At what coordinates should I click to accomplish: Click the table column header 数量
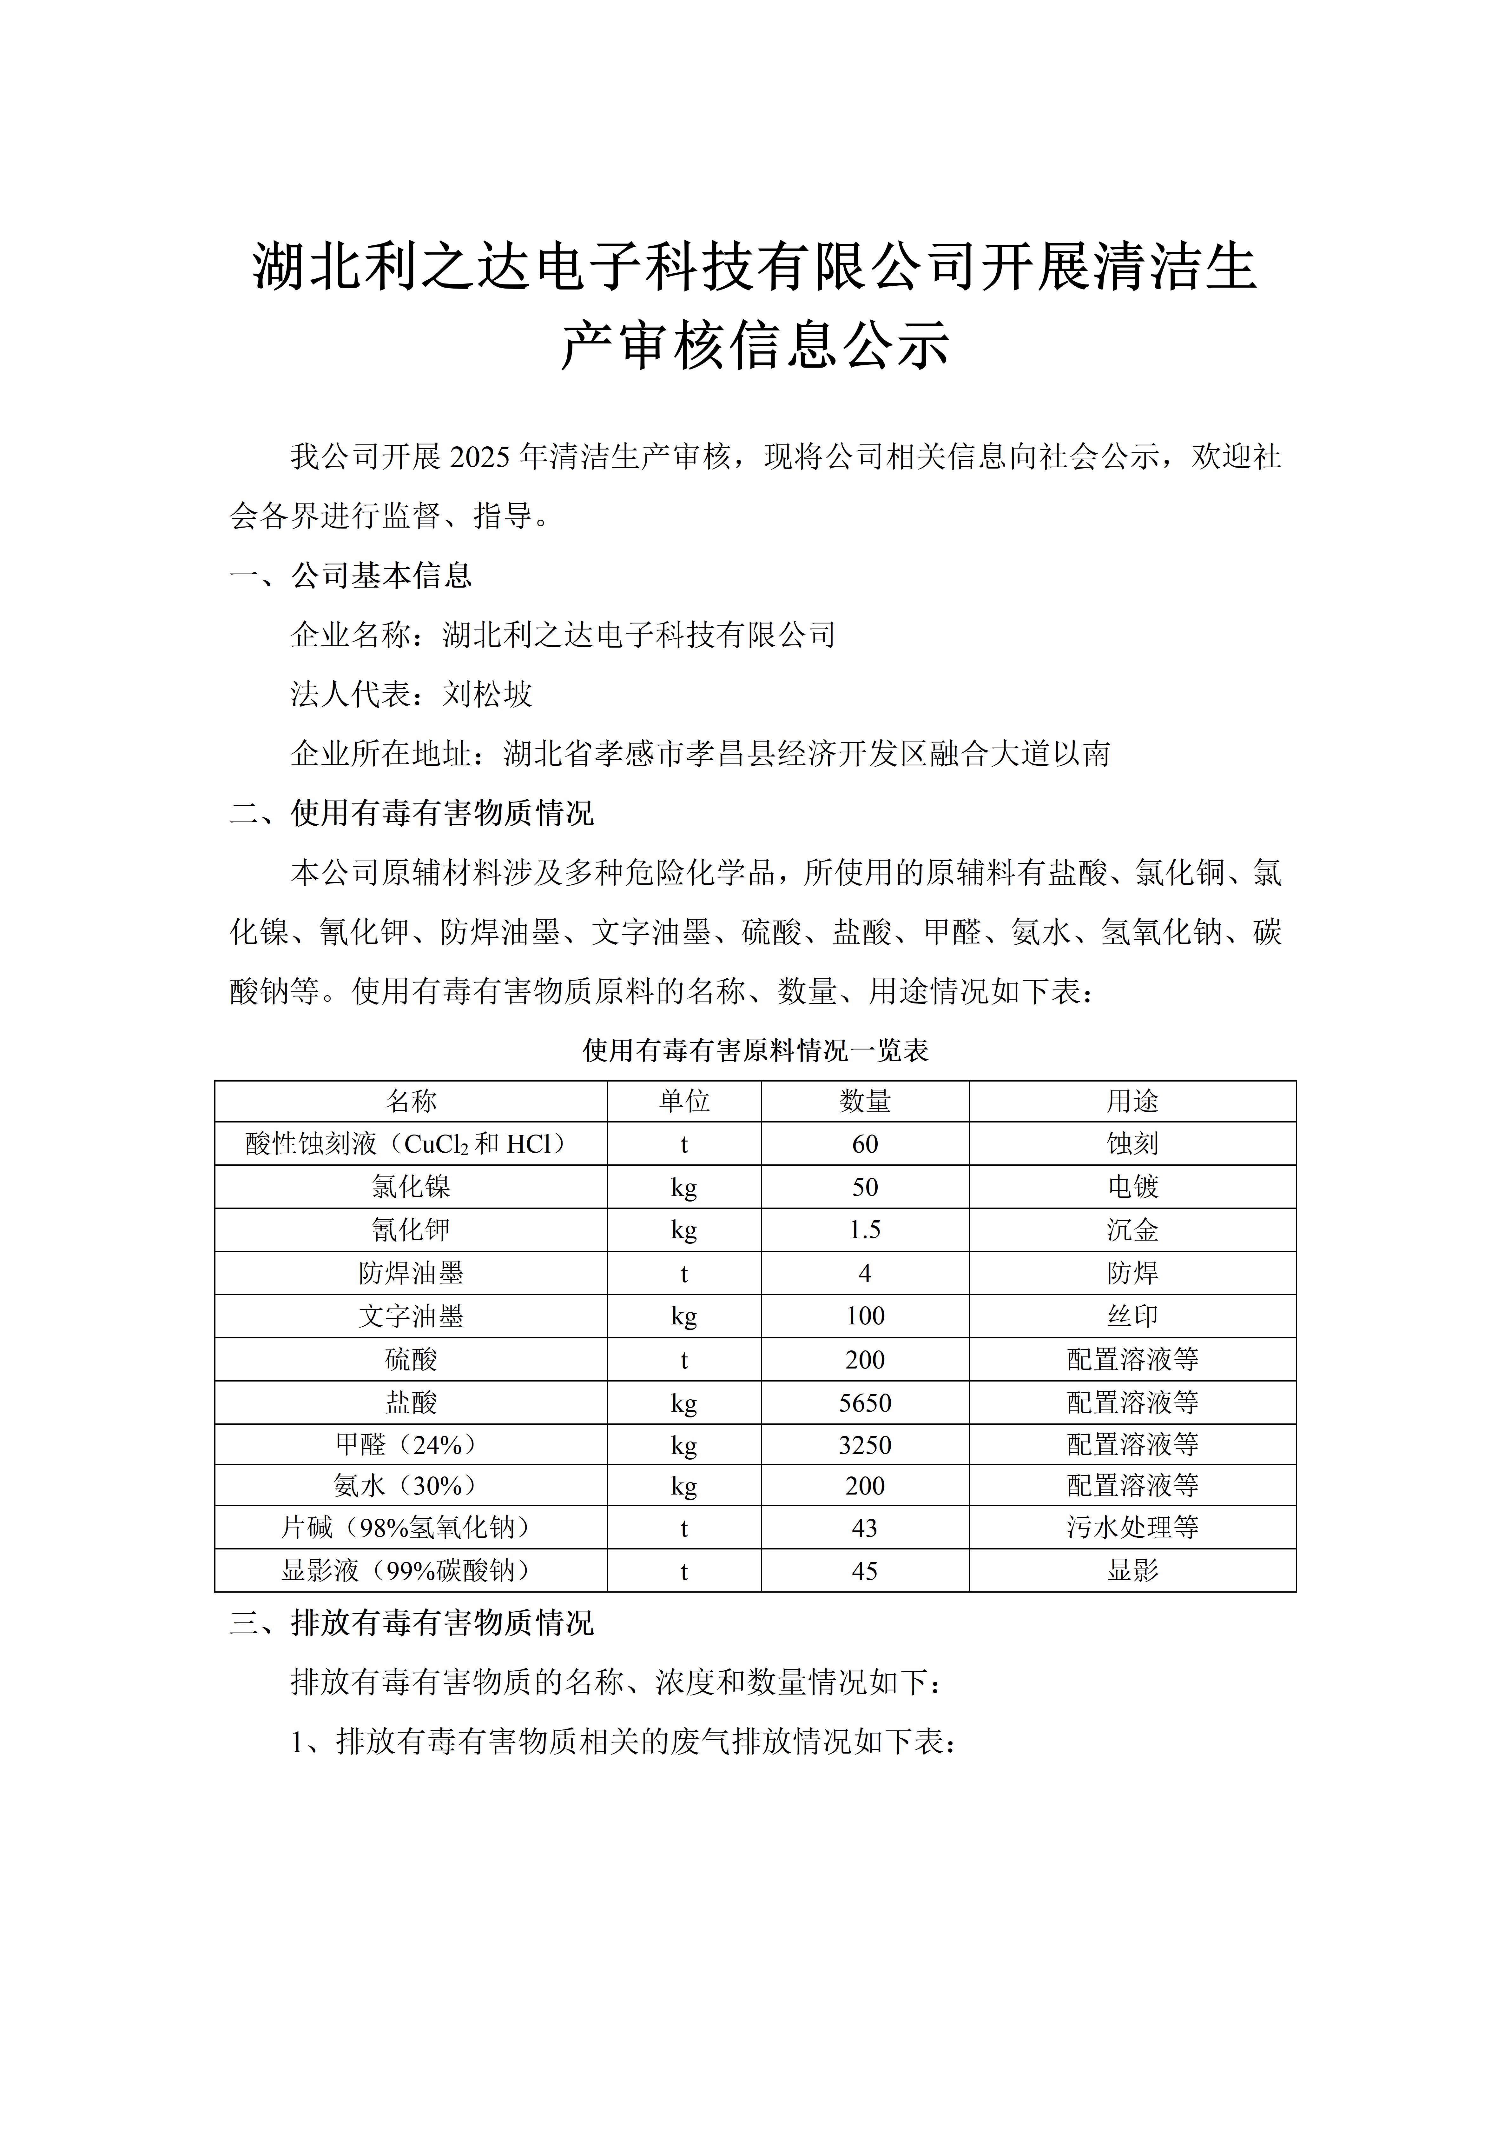(x=865, y=1102)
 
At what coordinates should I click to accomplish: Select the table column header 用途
(x=1132, y=1102)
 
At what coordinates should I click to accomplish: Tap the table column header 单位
(x=684, y=1102)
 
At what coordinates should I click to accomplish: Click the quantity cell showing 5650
(x=865, y=1402)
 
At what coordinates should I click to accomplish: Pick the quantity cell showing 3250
(x=865, y=1445)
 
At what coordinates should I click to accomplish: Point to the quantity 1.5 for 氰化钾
(x=865, y=1230)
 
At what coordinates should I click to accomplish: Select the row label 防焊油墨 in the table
(x=411, y=1273)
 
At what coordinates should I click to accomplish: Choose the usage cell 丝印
(x=1132, y=1316)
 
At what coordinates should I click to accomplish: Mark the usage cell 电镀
(x=1132, y=1187)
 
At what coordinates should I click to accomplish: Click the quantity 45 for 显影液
(x=865, y=1571)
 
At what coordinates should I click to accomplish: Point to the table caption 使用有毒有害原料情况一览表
(x=755, y=1050)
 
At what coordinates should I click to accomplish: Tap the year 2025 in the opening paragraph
(x=480, y=456)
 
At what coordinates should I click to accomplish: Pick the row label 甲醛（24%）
(x=411, y=1445)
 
